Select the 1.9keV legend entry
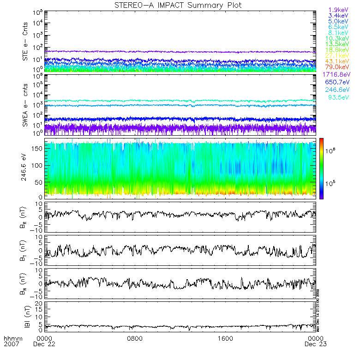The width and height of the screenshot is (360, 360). (x=338, y=10)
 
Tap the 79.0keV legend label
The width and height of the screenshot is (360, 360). (x=337, y=67)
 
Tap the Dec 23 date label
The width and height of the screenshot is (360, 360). (x=317, y=344)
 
